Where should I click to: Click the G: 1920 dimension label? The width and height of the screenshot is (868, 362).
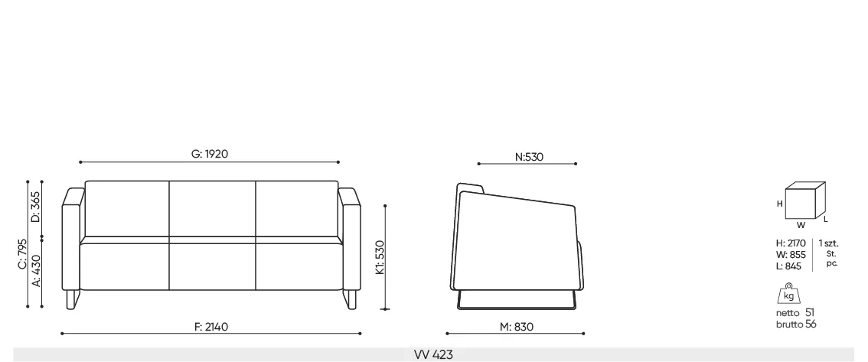point(210,155)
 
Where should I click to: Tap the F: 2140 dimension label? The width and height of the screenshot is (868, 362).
point(211,327)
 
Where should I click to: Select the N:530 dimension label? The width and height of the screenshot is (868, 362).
point(529,157)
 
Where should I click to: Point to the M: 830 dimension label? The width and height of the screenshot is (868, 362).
point(517,327)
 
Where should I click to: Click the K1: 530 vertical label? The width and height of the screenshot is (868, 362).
point(379,257)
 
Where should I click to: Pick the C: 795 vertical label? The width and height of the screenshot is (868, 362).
point(21,254)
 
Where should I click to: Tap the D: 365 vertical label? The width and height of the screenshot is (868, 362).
point(36,207)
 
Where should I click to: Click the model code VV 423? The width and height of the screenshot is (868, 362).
point(433,355)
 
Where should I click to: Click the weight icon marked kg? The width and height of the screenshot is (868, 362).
point(788,295)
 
